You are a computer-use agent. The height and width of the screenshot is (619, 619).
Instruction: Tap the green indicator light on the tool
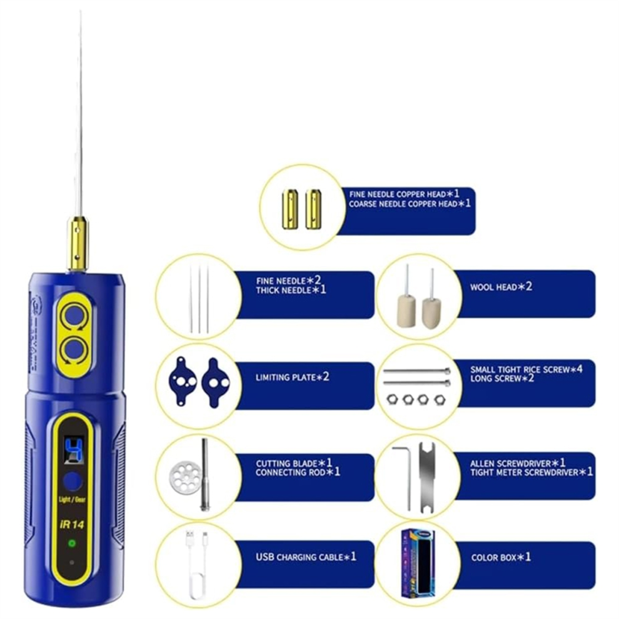[72, 543]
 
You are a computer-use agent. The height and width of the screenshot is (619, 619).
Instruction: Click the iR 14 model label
[72, 524]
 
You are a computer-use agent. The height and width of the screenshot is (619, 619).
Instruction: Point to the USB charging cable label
[306, 557]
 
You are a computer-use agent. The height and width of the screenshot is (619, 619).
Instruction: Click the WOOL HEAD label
[501, 286]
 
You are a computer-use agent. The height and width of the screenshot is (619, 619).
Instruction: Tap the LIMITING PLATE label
[292, 377]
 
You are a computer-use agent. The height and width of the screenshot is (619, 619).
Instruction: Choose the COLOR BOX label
[501, 558]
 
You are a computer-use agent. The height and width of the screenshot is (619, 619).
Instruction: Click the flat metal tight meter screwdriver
[428, 477]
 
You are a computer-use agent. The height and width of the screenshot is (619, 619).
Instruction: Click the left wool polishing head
[406, 302]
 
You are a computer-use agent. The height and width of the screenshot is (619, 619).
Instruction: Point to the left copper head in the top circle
[290, 209]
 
